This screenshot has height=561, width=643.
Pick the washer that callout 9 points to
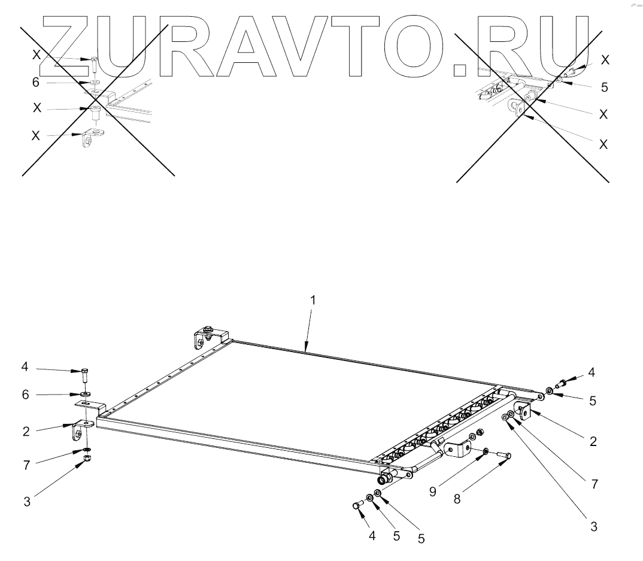point(485,450)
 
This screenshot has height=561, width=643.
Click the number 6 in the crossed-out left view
point(36,83)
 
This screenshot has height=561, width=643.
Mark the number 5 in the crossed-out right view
point(605,87)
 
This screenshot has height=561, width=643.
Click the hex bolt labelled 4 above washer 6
point(85,376)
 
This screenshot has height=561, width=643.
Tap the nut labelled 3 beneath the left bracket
point(86,459)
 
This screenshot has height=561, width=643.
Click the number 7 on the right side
point(595,484)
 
